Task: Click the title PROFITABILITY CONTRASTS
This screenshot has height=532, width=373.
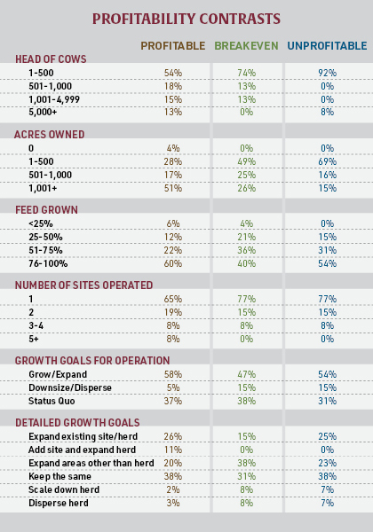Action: click(186, 18)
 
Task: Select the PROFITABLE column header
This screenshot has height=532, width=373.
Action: click(172, 45)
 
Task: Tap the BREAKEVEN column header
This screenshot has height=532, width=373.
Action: click(246, 45)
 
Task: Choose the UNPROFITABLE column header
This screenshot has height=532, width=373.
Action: click(326, 45)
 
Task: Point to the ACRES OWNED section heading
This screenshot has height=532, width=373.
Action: click(49, 134)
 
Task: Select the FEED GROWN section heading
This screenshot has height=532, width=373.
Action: click(46, 209)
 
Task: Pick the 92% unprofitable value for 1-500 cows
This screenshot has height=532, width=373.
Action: click(327, 72)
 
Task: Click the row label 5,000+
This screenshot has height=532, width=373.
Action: click(42, 112)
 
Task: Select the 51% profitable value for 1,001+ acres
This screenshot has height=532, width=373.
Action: click(172, 187)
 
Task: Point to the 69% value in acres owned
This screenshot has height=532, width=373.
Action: click(327, 161)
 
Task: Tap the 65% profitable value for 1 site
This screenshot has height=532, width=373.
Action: click(172, 299)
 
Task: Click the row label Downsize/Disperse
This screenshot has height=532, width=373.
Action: click(65, 387)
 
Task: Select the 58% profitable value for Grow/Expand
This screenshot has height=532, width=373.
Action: click(172, 374)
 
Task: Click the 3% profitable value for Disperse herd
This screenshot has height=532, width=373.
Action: click(172, 502)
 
